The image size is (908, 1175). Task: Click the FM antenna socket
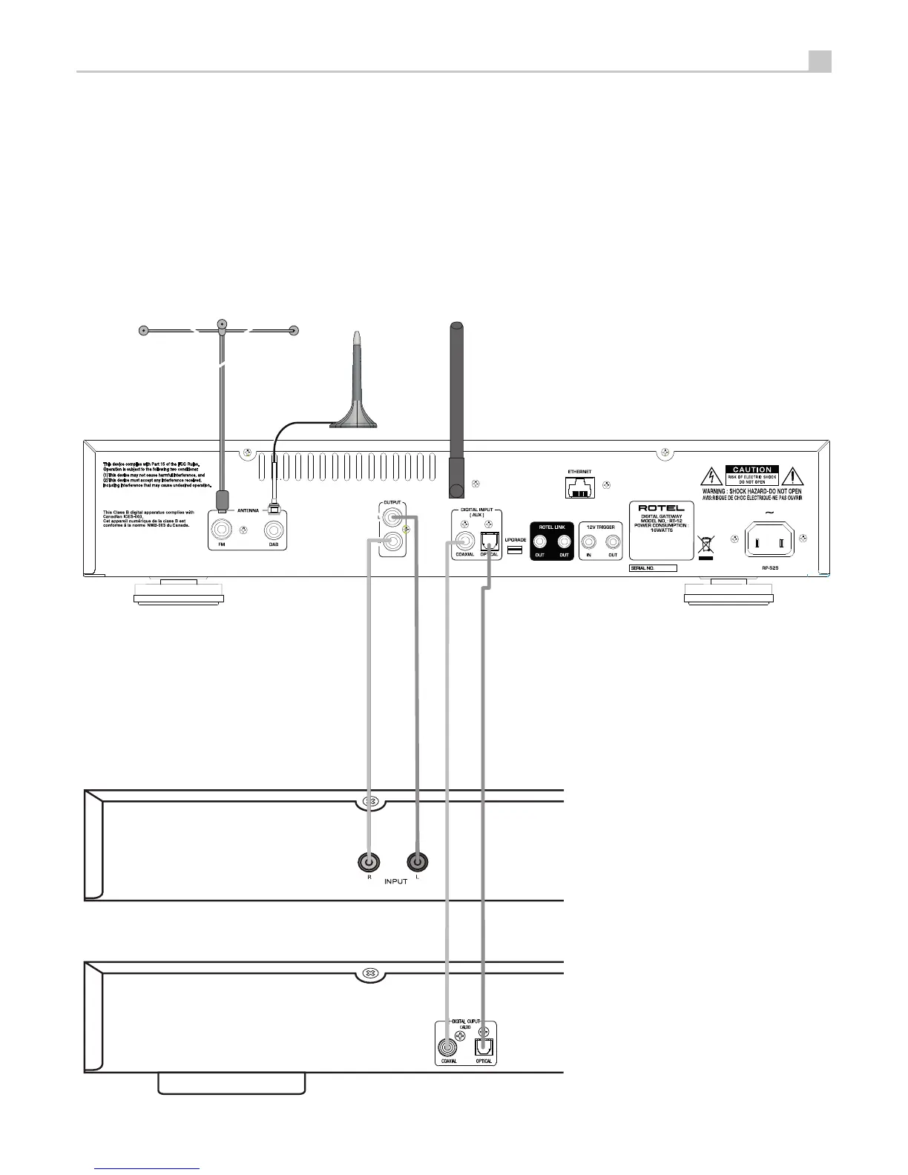pos(222,530)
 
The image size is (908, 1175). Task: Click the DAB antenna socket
pos(274,530)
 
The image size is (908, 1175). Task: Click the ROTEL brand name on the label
pos(661,508)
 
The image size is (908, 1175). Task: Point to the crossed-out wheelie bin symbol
pos(705,547)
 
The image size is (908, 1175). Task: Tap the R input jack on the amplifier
pos(369,862)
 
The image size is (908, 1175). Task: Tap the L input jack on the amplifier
pos(418,862)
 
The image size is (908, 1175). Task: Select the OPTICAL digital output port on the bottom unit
pos(484,1047)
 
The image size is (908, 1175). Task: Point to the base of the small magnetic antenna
pos(354,422)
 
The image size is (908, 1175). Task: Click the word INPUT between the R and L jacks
pos(395,881)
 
